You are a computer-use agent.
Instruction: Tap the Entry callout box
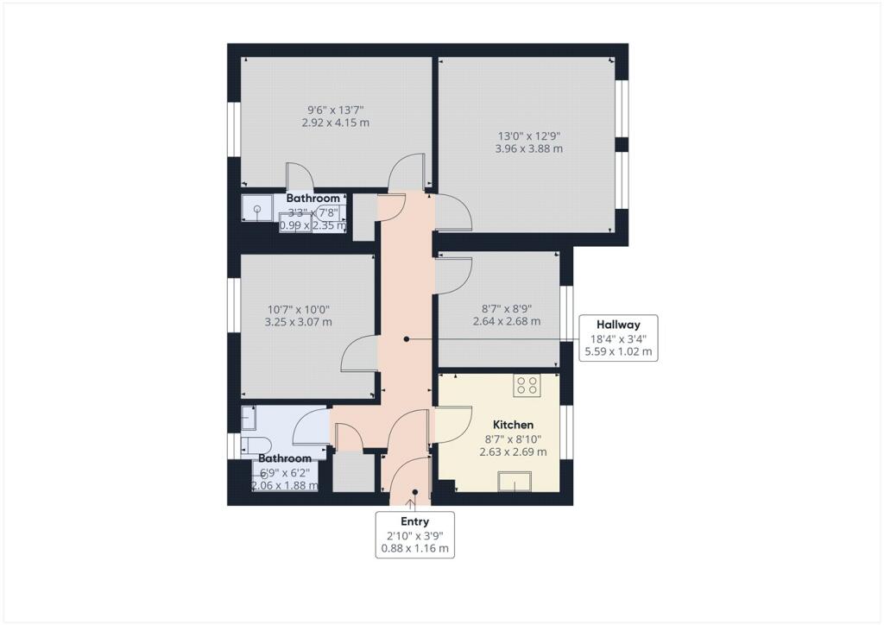[414, 534]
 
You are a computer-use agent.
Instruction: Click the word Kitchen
[513, 425]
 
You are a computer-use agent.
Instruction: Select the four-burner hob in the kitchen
[527, 386]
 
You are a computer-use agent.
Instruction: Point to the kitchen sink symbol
[518, 482]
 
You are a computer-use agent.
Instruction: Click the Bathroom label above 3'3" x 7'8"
[313, 199]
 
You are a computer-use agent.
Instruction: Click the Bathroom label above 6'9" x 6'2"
[285, 458]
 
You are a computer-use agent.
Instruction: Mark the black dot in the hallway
[406, 339]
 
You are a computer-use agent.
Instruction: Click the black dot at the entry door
[414, 493]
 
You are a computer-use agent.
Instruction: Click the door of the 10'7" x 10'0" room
[360, 354]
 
